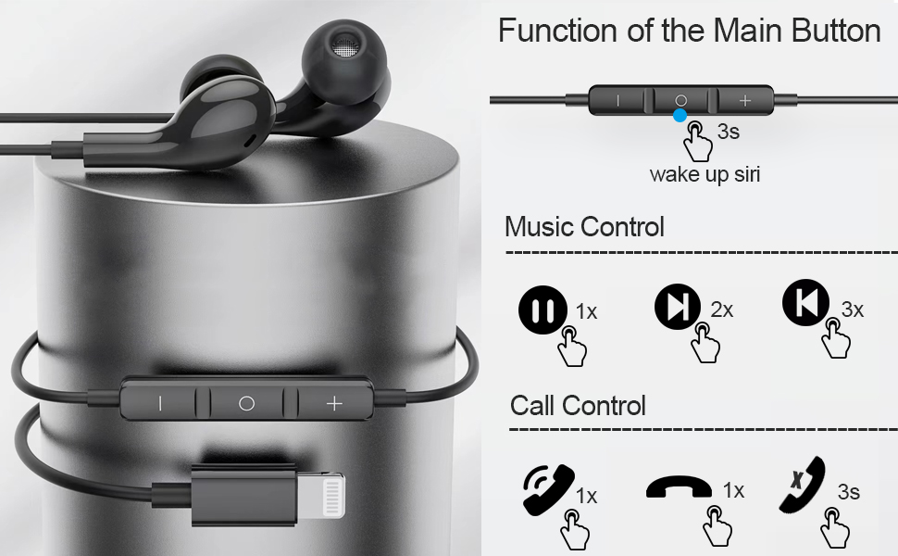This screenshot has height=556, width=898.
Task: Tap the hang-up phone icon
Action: pos(679,487)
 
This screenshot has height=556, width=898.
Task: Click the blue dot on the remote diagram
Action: pos(680,116)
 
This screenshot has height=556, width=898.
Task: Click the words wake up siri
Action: pos(705,173)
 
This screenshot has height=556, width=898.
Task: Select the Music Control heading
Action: pos(584,227)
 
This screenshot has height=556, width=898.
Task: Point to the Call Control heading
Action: pos(578,406)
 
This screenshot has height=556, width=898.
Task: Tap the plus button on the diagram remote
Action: pos(744,100)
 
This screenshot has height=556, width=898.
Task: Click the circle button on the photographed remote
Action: pos(246,403)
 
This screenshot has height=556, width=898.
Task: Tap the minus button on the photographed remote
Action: pos(159,403)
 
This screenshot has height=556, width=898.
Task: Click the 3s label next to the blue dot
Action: pos(728,133)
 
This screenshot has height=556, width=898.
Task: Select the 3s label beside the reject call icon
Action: pos(848,492)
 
